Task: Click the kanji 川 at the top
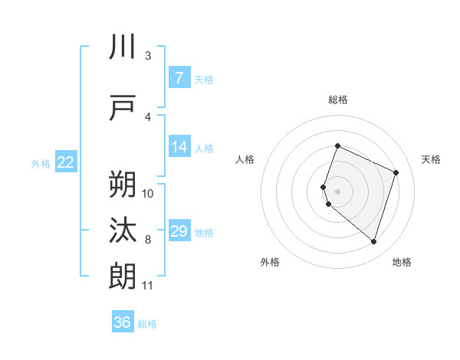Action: pyautogui.click(x=123, y=47)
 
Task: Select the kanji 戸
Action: pyautogui.click(x=123, y=108)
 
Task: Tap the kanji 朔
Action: pyautogui.click(x=123, y=185)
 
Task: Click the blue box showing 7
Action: pyautogui.click(x=179, y=78)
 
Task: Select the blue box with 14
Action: pyautogui.click(x=179, y=148)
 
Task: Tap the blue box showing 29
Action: pyautogui.click(x=179, y=231)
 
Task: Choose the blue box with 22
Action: pyautogui.click(x=66, y=162)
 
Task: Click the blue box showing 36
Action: pyautogui.click(x=123, y=322)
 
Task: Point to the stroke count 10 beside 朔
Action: pyautogui.click(x=148, y=193)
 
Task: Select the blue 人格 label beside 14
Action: pyautogui.click(x=204, y=149)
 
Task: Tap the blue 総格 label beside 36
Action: pyautogui.click(x=147, y=324)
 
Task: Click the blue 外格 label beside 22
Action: pyautogui.click(x=41, y=163)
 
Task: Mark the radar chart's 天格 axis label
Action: pyautogui.click(x=432, y=159)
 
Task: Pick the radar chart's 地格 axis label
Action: pyautogui.click(x=402, y=262)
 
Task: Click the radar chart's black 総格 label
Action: pyautogui.click(x=338, y=100)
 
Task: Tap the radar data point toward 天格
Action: pyautogui.click(x=396, y=172)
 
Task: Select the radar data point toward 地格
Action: pyautogui.click(x=373, y=242)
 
